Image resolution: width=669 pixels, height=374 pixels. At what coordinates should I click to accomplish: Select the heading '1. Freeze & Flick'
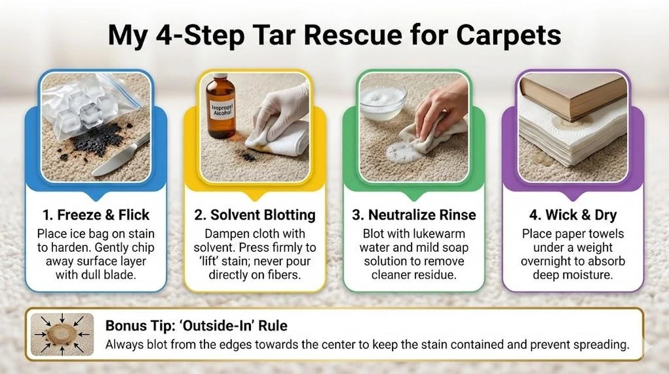[96, 215]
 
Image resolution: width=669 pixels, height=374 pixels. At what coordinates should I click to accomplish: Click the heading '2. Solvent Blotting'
[255, 215]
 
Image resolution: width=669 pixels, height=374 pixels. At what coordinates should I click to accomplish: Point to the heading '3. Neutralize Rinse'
[414, 215]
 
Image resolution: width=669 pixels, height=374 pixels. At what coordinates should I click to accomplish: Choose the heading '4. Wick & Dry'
[573, 215]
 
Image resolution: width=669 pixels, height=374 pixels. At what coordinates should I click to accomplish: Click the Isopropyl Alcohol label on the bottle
[222, 110]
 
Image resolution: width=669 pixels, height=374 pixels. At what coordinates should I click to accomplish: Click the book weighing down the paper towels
[574, 95]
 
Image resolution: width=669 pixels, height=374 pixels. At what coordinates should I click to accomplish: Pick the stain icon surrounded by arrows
[62, 334]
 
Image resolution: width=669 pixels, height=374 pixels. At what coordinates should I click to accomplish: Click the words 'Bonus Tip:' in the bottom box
[140, 325]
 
